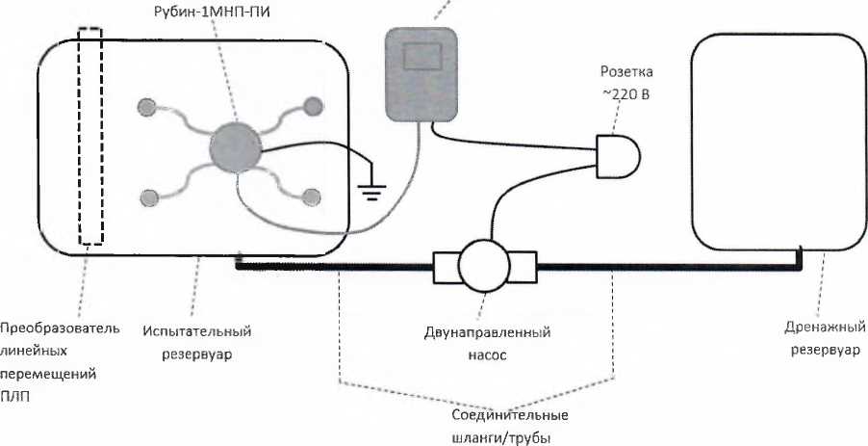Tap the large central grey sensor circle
[x=236, y=146]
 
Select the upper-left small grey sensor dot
[x=147, y=106]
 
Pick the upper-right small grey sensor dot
[x=313, y=106]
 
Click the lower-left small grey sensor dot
[x=148, y=198]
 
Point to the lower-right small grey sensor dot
[x=311, y=197]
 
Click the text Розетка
[x=626, y=72]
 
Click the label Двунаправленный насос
[x=487, y=343]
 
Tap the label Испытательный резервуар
[x=196, y=343]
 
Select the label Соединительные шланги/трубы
[x=510, y=425]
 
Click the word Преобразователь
[x=60, y=328]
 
